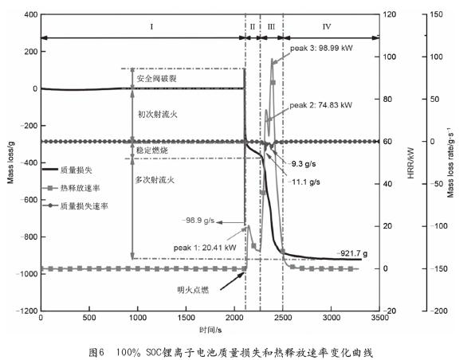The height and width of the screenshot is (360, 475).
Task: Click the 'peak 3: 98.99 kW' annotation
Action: (321, 48)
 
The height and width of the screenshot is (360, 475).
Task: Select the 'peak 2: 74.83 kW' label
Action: (321, 105)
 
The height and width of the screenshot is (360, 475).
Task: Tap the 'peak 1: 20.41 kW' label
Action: (205, 248)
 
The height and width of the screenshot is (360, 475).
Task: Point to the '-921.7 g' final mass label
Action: (352, 253)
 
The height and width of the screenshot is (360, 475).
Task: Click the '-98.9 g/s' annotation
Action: (198, 221)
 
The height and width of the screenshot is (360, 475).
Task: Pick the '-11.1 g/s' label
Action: (304, 182)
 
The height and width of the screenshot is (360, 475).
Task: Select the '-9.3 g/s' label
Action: (302, 164)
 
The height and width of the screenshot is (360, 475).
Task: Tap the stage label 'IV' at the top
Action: (327, 26)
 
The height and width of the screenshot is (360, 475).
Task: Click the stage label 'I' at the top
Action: (151, 26)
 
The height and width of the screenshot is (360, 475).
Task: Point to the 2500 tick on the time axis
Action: (283, 318)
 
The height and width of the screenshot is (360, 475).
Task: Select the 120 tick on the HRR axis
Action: (390, 14)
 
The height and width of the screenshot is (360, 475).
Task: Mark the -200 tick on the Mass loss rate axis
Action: (437, 311)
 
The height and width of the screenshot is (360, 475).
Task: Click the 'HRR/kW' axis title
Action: (410, 163)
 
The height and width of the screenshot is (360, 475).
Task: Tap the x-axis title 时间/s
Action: (210, 330)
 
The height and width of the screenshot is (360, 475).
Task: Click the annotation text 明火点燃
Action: (193, 290)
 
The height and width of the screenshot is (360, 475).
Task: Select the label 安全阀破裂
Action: (157, 79)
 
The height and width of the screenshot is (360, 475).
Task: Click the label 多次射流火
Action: (155, 180)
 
